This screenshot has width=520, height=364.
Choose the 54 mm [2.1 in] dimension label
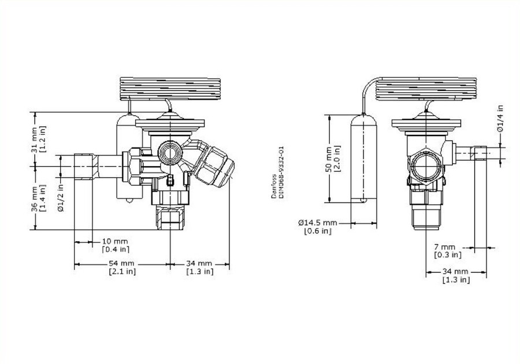(122, 267)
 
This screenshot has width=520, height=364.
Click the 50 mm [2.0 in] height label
(333, 159)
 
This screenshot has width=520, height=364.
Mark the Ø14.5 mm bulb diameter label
(317, 227)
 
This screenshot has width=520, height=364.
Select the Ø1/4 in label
(501, 119)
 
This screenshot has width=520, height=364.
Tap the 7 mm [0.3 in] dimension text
(448, 251)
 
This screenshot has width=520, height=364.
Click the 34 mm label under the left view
(199, 267)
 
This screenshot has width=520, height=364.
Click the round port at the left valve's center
(169, 150)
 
